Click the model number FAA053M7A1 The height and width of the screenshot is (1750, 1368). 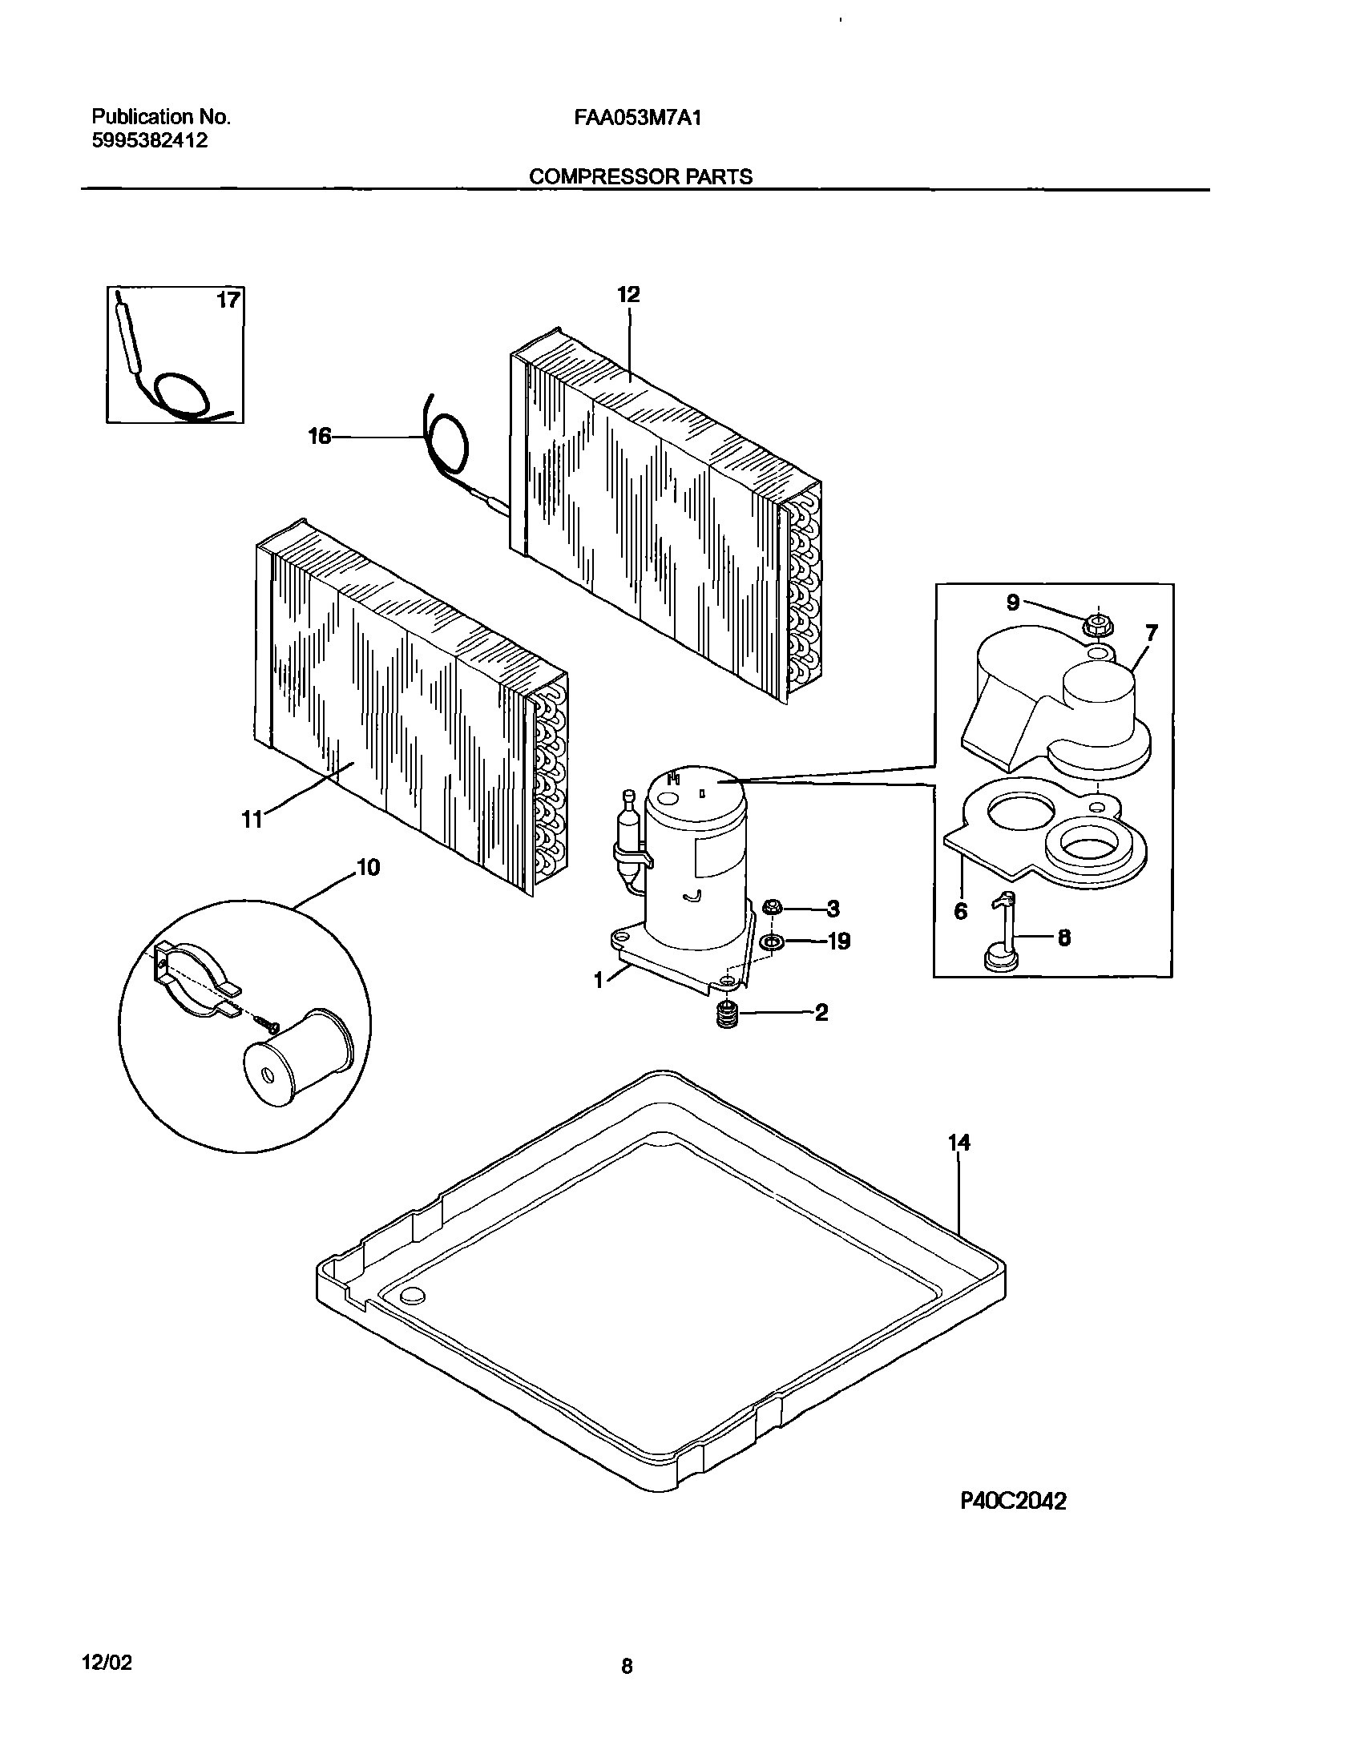click(x=638, y=119)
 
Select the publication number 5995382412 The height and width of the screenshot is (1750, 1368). click(x=151, y=141)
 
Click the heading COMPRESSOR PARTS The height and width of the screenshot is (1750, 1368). click(x=640, y=177)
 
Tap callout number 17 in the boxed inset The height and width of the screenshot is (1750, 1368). click(x=228, y=300)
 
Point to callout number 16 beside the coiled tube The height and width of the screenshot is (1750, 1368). click(x=320, y=437)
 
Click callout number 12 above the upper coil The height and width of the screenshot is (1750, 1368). click(x=628, y=295)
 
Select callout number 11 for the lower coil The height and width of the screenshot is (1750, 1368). click(x=252, y=820)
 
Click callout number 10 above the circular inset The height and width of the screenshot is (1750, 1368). click(x=368, y=868)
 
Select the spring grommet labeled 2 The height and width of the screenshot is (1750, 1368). click(x=726, y=1014)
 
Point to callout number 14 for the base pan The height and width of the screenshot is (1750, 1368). click(x=959, y=1143)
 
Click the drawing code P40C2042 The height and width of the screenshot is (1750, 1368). click(x=1013, y=1502)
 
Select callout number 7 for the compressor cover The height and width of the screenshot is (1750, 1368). click(x=1151, y=634)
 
